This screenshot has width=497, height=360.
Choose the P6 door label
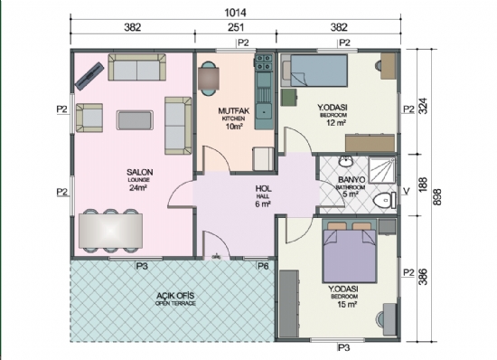click(x=263, y=266)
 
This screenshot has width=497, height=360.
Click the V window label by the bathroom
click(x=407, y=190)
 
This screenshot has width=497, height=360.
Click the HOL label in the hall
click(x=263, y=189)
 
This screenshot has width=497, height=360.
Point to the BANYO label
click(x=351, y=179)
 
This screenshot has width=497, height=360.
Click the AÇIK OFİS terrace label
click(x=174, y=296)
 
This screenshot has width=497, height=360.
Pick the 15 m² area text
click(x=346, y=304)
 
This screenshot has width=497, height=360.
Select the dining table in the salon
click(x=110, y=230)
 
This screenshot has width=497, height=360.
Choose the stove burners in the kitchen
click(x=264, y=63)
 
